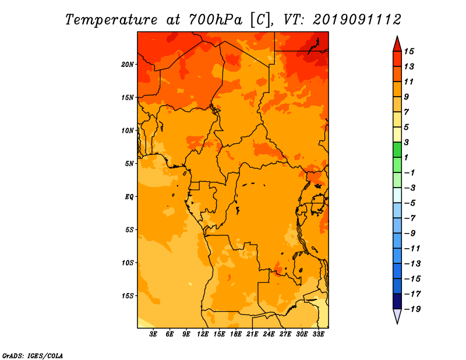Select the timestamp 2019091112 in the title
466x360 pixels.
(357, 20)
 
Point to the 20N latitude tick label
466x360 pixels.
(128, 64)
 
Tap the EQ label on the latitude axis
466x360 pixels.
(129, 196)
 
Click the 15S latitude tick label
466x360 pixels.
(128, 295)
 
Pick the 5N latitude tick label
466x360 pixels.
(129, 163)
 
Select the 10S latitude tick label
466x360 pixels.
(128, 263)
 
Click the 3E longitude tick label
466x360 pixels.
(154, 334)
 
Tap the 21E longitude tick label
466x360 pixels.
(252, 334)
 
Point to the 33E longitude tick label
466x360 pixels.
(318, 334)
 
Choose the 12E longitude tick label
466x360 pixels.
(203, 334)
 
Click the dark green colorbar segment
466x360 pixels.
(397, 150)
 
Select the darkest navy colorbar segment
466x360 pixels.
(397, 301)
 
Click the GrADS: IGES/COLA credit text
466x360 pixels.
(33, 355)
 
